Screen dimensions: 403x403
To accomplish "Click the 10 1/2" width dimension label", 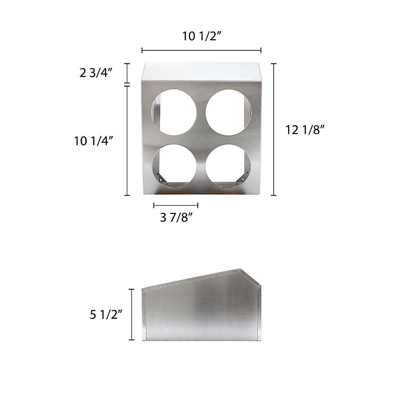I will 201,36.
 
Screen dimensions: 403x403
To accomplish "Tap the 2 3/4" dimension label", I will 95,73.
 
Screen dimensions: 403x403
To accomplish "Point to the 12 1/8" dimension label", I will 305,130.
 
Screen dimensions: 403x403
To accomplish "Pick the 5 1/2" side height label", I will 105,315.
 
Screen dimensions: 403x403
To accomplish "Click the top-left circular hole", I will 175,112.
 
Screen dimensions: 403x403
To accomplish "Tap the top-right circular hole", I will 228,112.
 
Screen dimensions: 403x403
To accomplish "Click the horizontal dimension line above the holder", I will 201,50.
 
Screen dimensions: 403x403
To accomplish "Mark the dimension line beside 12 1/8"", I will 274,129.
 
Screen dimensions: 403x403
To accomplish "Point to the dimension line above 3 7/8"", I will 176,205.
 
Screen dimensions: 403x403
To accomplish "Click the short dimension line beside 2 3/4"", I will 127,73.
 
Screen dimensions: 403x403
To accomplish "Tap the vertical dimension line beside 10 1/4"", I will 127,140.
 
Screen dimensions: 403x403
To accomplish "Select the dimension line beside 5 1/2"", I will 132,315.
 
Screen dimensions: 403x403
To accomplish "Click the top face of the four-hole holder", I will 201,71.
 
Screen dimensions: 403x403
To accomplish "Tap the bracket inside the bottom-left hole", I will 163,178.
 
